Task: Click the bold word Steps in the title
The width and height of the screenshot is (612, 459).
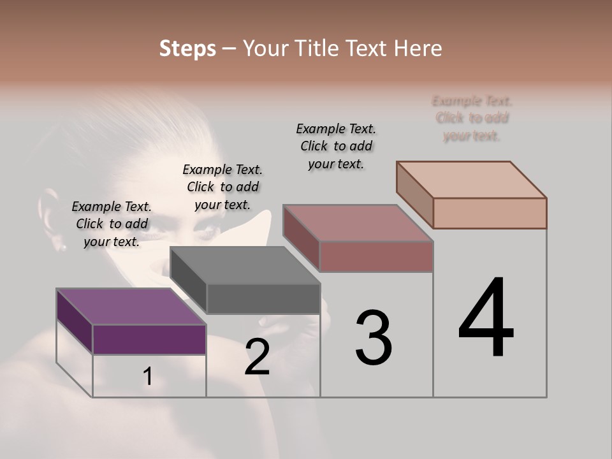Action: click(187, 48)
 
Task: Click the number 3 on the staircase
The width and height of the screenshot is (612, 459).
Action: click(373, 338)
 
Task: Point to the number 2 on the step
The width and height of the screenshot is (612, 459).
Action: click(257, 357)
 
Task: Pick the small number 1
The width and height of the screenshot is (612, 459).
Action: click(147, 377)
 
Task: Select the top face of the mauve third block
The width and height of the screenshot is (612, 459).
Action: click(358, 223)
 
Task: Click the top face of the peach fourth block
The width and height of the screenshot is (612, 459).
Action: click(471, 180)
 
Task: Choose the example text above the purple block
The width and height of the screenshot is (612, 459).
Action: click(112, 224)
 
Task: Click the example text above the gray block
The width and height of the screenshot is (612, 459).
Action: click(222, 187)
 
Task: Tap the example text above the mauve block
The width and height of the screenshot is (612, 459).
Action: click(336, 146)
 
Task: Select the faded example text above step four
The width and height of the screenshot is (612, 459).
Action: click(472, 118)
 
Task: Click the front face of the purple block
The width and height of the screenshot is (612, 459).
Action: click(149, 339)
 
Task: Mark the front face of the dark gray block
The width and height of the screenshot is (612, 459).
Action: click(263, 298)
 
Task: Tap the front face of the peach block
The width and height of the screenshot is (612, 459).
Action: click(490, 213)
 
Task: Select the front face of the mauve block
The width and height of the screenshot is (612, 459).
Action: click(376, 256)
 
